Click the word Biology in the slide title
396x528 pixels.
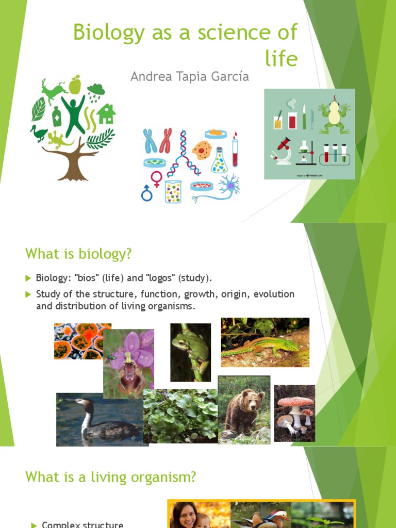pyautogui.click(x=107, y=32)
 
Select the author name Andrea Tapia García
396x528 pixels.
pyautogui.click(x=189, y=77)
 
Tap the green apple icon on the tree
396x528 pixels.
pyautogui.click(x=75, y=85)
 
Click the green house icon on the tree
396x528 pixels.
pyautogui.click(x=106, y=114)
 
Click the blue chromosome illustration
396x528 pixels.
pyautogui.click(x=150, y=140)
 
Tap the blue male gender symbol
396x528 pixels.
pyautogui.click(x=147, y=193)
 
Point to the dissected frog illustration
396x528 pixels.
pyautogui.click(x=334, y=115)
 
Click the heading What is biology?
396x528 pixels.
pyautogui.click(x=78, y=254)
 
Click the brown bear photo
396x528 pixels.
pyautogui.click(x=244, y=410)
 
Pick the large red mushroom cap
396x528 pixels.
pyautogui.click(x=295, y=401)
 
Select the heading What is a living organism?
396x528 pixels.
pyautogui.click(x=110, y=477)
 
